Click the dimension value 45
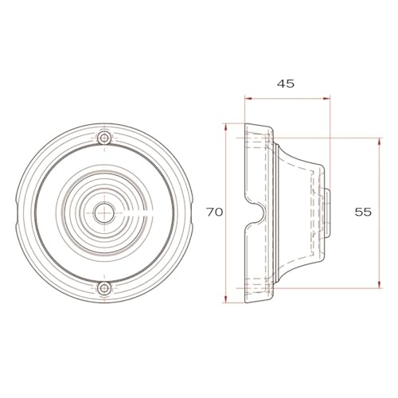pos(286,83)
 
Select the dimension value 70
pos(214,212)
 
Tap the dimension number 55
pos(363,212)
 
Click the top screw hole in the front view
pos(103,139)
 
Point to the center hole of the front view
pos(103,213)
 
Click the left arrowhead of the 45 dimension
pos(248,99)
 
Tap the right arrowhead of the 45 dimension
pos(326,99)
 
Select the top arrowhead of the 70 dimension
pos(227,127)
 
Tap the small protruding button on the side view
pos(328,213)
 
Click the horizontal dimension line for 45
pos(287,99)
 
